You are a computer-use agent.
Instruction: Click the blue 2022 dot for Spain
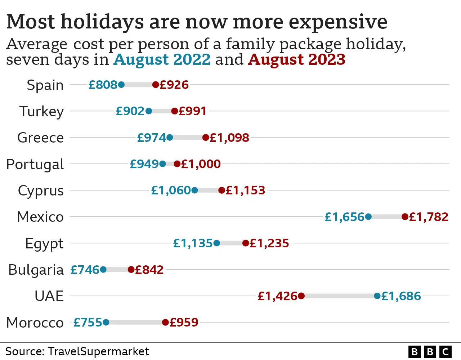click(x=121, y=85)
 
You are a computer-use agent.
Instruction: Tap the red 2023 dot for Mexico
click(x=405, y=217)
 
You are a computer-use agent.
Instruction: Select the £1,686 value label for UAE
click(x=401, y=296)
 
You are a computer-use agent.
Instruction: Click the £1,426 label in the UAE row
click(x=277, y=296)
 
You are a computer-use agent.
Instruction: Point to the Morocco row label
click(x=35, y=323)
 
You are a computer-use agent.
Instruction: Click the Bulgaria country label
click(x=36, y=270)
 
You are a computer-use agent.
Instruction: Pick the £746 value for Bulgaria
click(x=85, y=270)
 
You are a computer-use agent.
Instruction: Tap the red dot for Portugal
click(x=177, y=164)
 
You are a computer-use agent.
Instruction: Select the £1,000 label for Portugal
click(x=201, y=164)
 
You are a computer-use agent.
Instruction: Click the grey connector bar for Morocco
click(x=136, y=322)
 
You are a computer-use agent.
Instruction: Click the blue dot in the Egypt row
click(x=216, y=243)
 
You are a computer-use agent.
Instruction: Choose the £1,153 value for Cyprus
click(x=245, y=190)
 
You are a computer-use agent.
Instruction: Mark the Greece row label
click(x=40, y=138)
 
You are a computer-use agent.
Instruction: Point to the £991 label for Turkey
click(x=192, y=111)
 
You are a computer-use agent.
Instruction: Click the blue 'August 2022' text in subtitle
click(x=162, y=59)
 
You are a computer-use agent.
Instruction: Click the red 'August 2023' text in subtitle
click(x=297, y=59)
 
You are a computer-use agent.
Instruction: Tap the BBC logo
click(x=430, y=351)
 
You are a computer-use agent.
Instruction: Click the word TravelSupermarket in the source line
click(x=98, y=351)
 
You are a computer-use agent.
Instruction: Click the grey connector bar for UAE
click(x=339, y=296)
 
